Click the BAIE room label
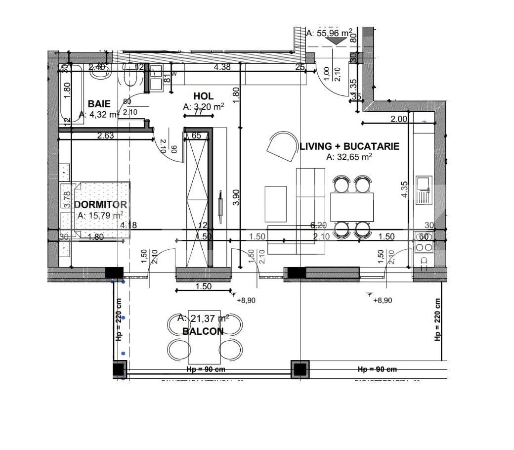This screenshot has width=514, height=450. pyautogui.click(x=99, y=104)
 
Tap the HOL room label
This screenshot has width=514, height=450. pyautogui.click(x=203, y=96)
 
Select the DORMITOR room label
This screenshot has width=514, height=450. pyautogui.click(x=100, y=205)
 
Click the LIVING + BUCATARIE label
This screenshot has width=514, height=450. pyautogui.click(x=349, y=146)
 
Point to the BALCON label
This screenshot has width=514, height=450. pyautogui.click(x=203, y=331)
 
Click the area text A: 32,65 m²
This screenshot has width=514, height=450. pyautogui.click(x=349, y=157)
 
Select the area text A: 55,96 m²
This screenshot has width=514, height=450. pyautogui.click(x=330, y=33)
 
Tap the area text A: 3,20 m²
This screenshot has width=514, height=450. pyautogui.click(x=204, y=106)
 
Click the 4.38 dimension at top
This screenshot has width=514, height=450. pyautogui.click(x=222, y=67)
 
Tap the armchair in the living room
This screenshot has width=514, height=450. pyautogui.click(x=282, y=145)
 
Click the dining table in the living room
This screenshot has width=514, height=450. pyautogui.click(x=352, y=207)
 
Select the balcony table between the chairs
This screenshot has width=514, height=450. pyautogui.click(x=204, y=341)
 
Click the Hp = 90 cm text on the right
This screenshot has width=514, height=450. pyautogui.click(x=377, y=369)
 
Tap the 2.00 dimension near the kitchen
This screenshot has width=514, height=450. pyautogui.click(x=399, y=119)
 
